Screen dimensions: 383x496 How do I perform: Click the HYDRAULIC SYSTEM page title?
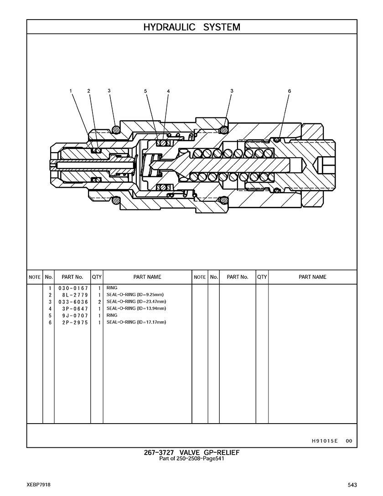tap(191, 27)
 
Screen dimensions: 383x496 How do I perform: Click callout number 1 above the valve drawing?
tap(71, 91)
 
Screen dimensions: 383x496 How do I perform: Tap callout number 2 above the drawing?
tap(89, 91)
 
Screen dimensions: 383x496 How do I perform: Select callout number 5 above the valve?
tap(145, 91)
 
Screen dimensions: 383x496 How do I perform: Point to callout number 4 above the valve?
tap(168, 91)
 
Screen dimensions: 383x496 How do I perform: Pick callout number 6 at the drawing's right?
tap(289, 91)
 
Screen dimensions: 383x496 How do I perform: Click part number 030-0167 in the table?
tap(73, 288)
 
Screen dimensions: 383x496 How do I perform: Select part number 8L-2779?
tap(75, 295)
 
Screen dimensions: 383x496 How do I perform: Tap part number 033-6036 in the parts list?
tap(73, 302)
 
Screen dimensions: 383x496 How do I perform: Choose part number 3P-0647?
tap(75, 309)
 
